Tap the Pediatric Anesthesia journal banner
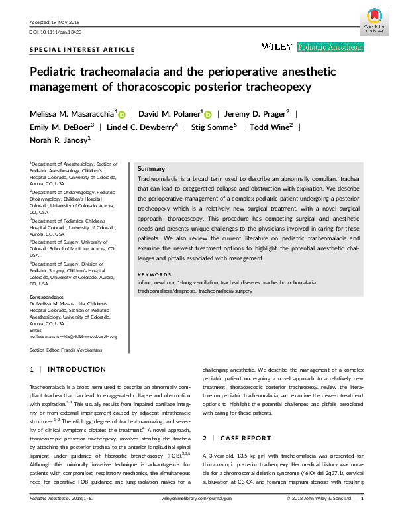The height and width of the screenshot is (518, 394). (x=330, y=47)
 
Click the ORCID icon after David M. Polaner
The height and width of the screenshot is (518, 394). (x=207, y=114)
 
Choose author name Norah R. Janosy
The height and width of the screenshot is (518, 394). (x=59, y=140)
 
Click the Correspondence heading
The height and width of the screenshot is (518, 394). (x=47, y=297)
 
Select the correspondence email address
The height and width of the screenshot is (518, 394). (x=73, y=337)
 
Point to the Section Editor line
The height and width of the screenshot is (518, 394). (x=66, y=350)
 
